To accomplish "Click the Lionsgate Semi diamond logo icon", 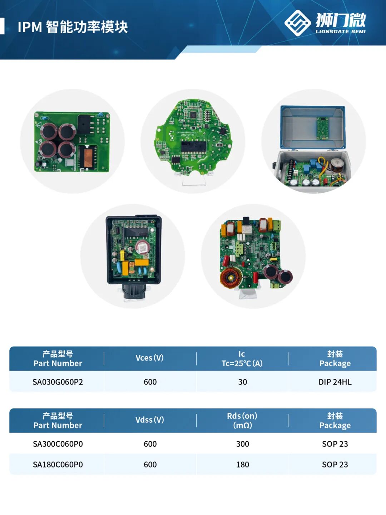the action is point(297,23).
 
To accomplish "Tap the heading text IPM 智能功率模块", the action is point(73,27).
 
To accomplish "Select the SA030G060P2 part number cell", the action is point(58,382).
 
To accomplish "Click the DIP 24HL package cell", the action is point(335,382).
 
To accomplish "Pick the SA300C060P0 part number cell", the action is point(58,444).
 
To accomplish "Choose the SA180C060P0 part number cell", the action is point(58,465).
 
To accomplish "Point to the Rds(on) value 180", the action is point(243,465).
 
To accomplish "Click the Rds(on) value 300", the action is point(243,444).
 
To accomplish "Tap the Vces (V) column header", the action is point(149,358).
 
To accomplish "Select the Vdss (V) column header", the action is point(149,420).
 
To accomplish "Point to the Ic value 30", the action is point(243,382).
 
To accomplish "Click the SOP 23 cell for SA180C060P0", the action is point(335,465).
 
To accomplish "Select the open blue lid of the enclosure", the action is point(313,126).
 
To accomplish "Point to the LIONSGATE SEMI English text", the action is point(341,32).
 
